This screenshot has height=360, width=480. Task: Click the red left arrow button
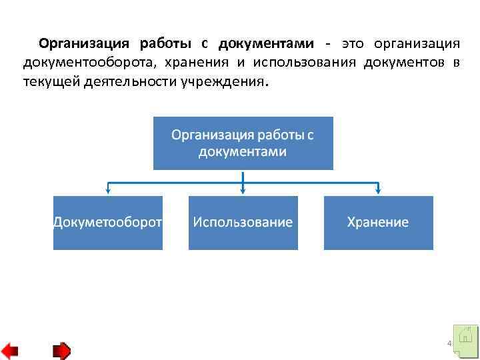click(10, 350)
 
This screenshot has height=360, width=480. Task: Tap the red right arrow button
click(61, 350)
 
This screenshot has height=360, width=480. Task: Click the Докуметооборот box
click(108, 223)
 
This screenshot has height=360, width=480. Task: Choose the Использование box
click(243, 223)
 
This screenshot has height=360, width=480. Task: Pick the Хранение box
click(378, 223)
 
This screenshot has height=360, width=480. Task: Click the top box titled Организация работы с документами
click(243, 143)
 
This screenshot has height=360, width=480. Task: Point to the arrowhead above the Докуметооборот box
click(108, 191)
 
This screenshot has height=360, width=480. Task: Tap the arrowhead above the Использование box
click(243, 191)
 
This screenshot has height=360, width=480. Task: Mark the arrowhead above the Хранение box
click(378, 191)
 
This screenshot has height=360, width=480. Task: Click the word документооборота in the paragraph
click(81, 63)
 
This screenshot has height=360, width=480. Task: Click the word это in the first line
click(353, 44)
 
